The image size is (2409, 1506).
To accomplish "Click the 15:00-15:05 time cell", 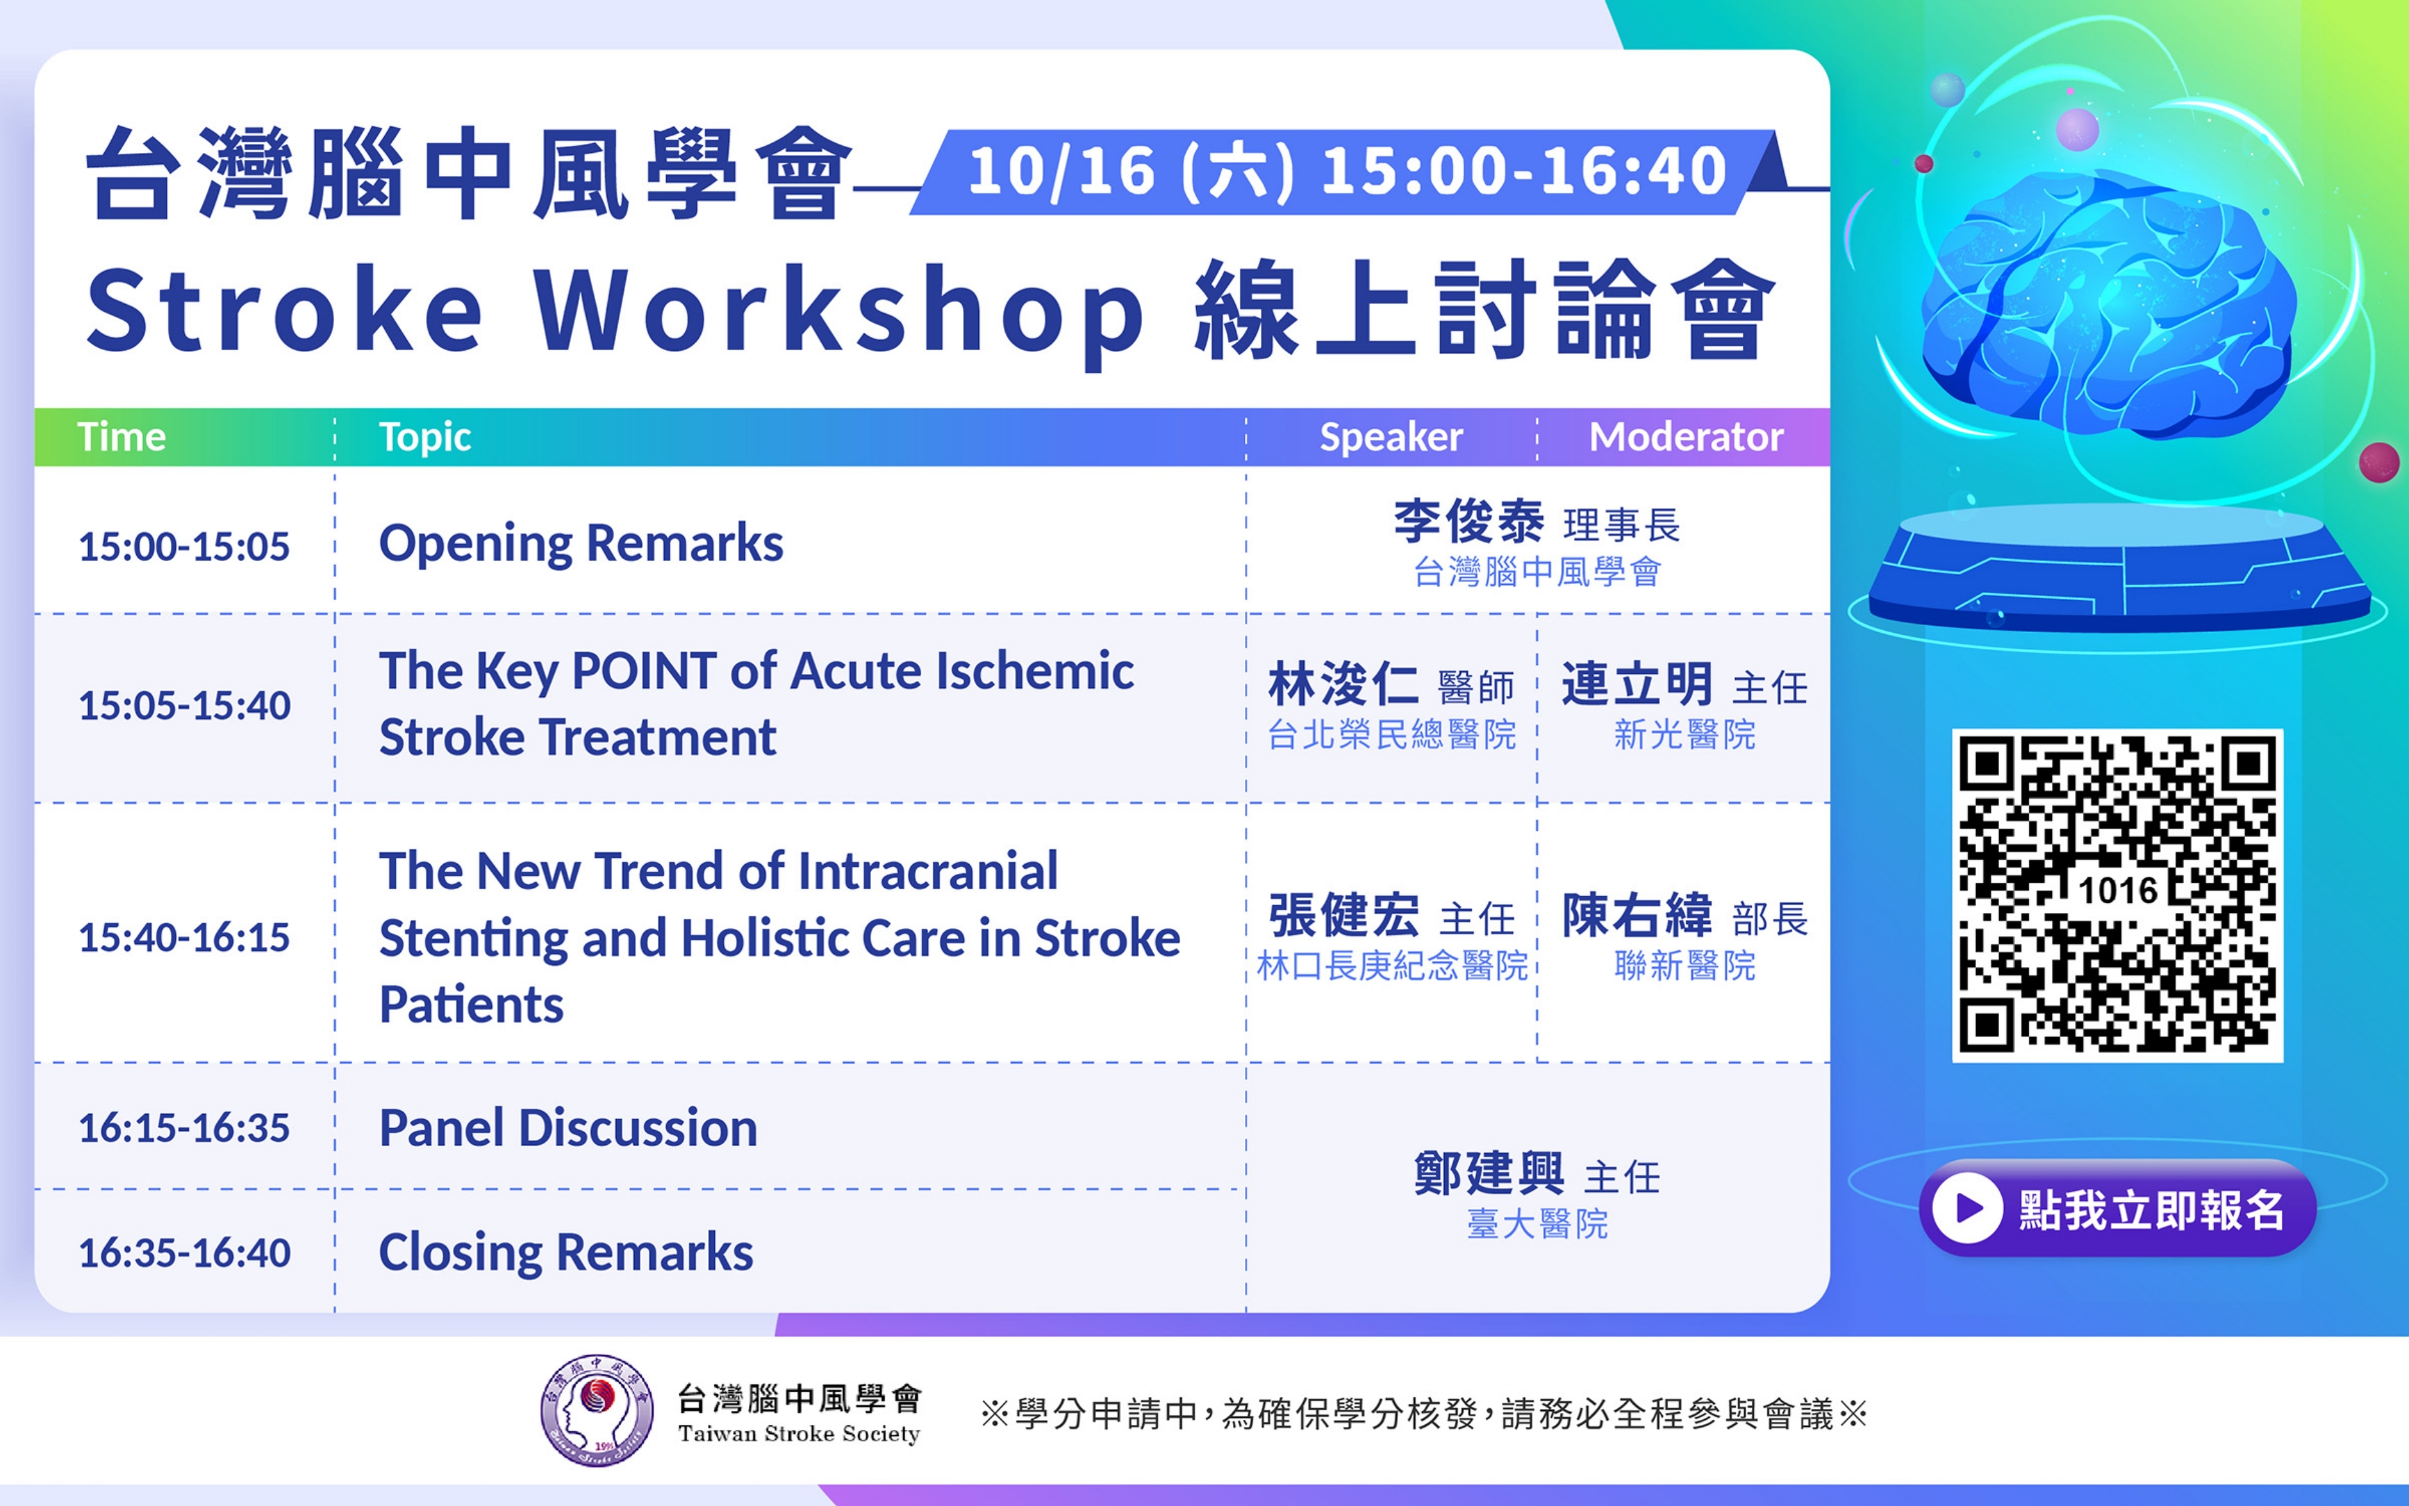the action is [x=184, y=547].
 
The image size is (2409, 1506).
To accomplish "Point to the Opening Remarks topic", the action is [x=581, y=544].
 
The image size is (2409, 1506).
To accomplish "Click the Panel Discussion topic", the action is [x=568, y=1128].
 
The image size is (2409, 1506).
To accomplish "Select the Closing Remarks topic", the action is [x=566, y=1252].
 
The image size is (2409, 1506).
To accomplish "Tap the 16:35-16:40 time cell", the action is [x=184, y=1253].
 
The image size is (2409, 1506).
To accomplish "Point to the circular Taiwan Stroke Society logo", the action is [x=597, y=1410].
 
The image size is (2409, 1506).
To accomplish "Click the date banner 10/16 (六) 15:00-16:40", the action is [x=1347, y=172].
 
